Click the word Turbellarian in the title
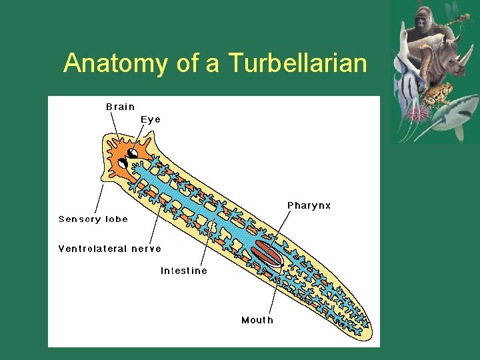[x=297, y=64]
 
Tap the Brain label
[x=120, y=107]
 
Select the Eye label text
[x=151, y=119]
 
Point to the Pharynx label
[x=309, y=205]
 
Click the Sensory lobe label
[x=93, y=219]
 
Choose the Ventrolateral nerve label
[x=109, y=249]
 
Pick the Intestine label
[x=183, y=271]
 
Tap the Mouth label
[x=257, y=320]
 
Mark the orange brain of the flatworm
[x=120, y=157]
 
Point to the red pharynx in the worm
[x=267, y=253]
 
